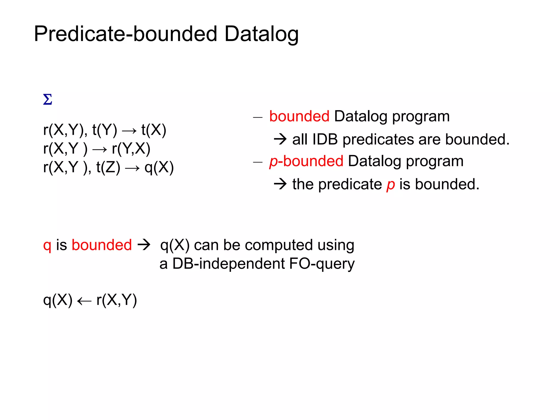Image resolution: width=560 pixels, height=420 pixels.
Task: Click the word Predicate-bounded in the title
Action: point(126,34)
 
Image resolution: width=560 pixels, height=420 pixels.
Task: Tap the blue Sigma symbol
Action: point(48,100)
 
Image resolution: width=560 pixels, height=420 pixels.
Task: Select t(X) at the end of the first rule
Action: point(154,130)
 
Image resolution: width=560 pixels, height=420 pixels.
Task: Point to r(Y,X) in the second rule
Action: point(131,149)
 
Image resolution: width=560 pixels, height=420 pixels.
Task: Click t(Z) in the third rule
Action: point(108,167)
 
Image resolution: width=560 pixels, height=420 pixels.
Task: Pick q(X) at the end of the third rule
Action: point(159,167)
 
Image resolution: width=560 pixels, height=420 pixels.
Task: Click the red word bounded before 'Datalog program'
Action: point(299,116)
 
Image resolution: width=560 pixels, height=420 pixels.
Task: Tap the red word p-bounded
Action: point(306,161)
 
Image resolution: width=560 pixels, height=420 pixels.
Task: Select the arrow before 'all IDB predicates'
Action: point(280,139)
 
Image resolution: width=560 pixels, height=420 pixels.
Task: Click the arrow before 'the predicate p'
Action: point(280,184)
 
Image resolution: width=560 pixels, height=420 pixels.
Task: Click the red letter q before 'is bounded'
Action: point(47,245)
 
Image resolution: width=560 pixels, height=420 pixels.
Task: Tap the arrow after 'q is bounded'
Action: point(144,244)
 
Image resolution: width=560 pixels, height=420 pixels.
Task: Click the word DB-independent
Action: point(229,264)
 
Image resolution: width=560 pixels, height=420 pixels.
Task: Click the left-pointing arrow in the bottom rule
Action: point(84,301)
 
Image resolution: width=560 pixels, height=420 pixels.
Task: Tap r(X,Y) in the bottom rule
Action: point(117,300)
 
